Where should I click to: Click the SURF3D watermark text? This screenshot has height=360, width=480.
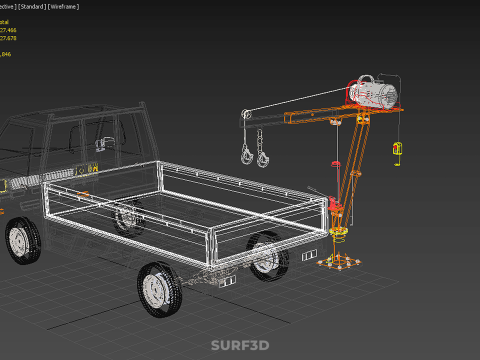click(239, 345)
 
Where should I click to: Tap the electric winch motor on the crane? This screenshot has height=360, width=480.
click(376, 93)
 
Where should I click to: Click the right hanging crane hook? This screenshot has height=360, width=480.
click(263, 156)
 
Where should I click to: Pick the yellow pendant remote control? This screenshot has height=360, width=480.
click(397, 150)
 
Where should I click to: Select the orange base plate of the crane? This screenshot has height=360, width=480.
click(340, 264)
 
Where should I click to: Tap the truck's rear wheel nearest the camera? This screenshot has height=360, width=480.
click(157, 289)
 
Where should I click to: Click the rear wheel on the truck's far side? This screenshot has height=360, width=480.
click(266, 254)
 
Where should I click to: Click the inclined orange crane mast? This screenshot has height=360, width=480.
click(350, 170)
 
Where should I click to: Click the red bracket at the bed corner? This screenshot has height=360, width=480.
click(336, 211)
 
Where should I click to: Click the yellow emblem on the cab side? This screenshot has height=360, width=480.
click(96, 168)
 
